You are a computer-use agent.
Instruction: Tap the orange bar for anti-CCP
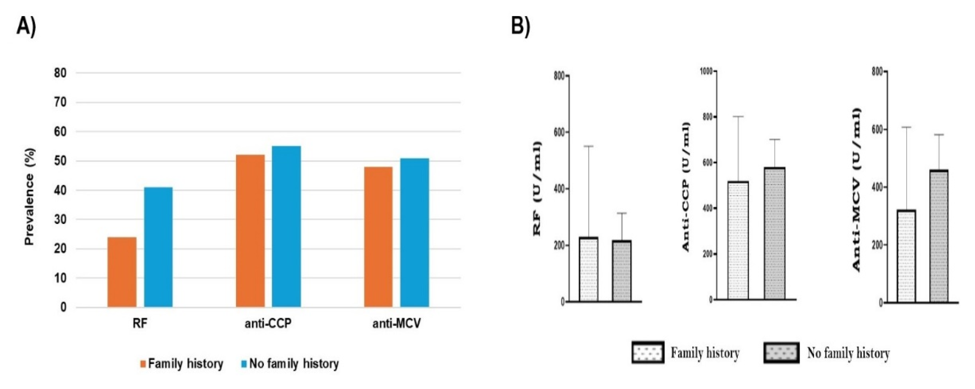(x=250, y=231)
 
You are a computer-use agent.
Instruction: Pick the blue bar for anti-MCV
(x=414, y=232)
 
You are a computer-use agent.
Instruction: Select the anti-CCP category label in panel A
(x=268, y=324)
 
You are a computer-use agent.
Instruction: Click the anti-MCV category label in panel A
(x=396, y=324)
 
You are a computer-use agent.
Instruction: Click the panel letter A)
(x=26, y=27)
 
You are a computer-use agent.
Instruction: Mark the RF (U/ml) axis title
(x=537, y=189)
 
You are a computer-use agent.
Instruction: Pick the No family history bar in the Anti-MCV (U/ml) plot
(x=939, y=236)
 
